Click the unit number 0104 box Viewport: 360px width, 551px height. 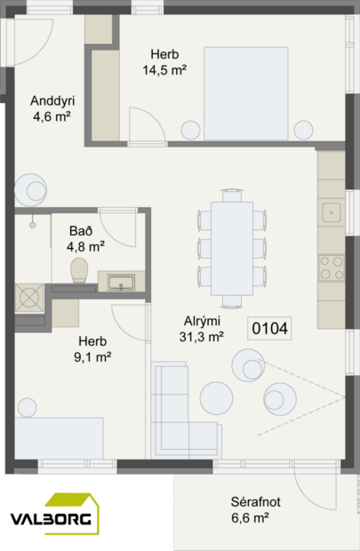[x=270, y=329]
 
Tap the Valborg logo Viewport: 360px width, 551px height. [x=54, y=516]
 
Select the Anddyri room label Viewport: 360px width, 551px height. [x=51, y=100]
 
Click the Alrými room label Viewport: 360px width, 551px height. [x=202, y=321]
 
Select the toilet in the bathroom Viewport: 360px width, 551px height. [x=78, y=269]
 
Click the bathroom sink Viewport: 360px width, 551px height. [x=121, y=283]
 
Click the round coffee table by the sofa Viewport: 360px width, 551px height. [x=216, y=395]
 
